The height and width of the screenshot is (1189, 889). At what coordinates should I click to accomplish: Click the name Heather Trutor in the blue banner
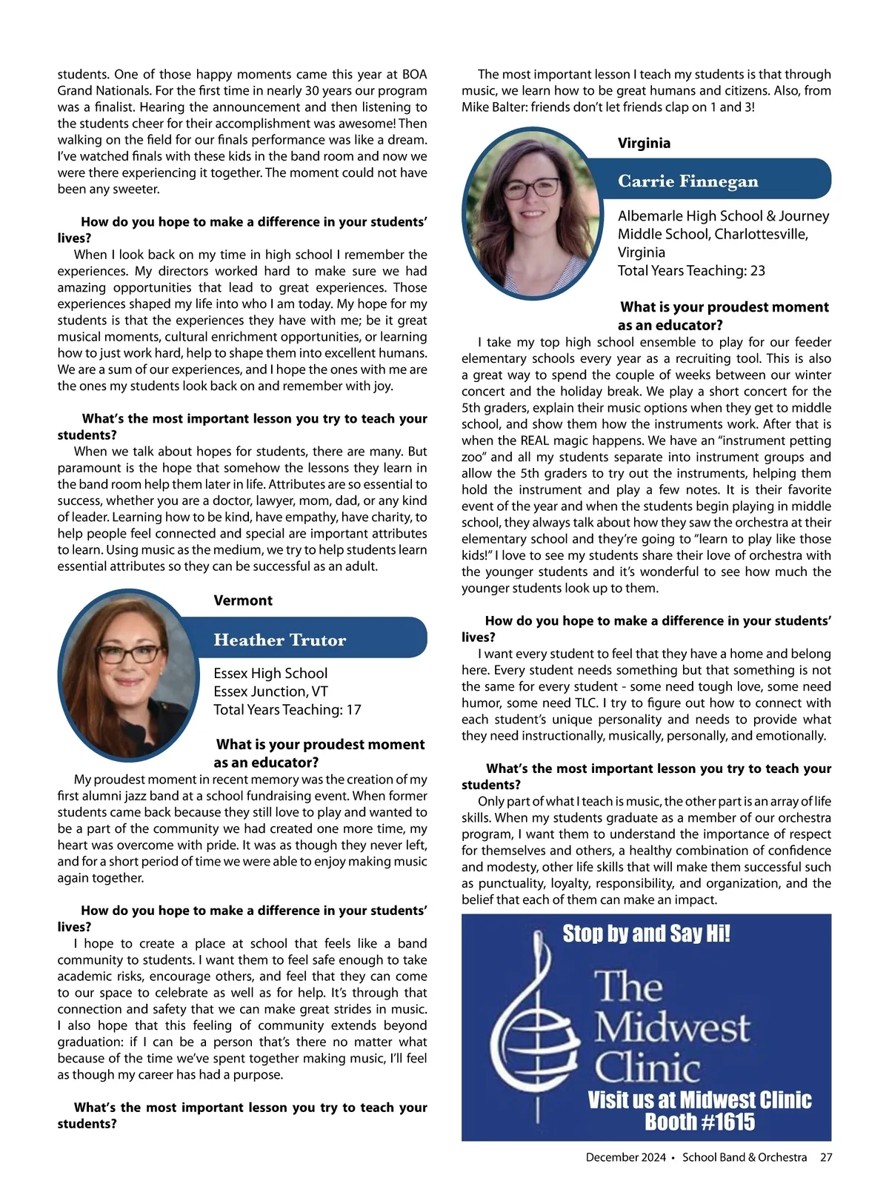click(x=279, y=640)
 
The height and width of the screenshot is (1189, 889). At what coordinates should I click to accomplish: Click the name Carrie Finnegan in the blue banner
click(x=687, y=181)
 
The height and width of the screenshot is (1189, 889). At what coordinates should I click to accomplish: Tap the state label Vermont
click(x=243, y=600)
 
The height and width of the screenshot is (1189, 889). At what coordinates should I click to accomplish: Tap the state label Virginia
click(x=644, y=143)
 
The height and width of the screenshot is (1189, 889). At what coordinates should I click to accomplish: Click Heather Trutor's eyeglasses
click(x=129, y=654)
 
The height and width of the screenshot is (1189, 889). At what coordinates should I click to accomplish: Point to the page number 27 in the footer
click(x=825, y=1157)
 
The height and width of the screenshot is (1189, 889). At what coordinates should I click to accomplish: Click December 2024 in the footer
click(x=625, y=1157)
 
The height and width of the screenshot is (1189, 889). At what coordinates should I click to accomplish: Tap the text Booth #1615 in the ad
click(x=699, y=1122)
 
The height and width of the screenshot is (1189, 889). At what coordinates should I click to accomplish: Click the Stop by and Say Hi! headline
click(x=646, y=934)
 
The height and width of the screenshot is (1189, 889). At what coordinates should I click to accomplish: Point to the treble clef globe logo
click(x=538, y=1030)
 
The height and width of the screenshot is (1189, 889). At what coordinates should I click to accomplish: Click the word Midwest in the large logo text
click(x=672, y=1027)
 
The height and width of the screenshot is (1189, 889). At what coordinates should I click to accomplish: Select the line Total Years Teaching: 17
click(x=287, y=709)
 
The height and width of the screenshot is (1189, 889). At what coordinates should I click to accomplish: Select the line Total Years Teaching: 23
click(x=691, y=270)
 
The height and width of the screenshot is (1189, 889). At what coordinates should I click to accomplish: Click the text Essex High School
click(x=270, y=673)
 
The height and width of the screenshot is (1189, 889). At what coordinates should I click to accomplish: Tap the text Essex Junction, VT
click(x=270, y=691)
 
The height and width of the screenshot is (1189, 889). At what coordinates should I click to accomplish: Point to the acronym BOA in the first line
click(x=414, y=74)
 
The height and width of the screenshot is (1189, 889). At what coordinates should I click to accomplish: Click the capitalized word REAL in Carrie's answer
click(x=535, y=441)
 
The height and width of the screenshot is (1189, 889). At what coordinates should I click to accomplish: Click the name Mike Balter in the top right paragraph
click(x=492, y=107)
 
